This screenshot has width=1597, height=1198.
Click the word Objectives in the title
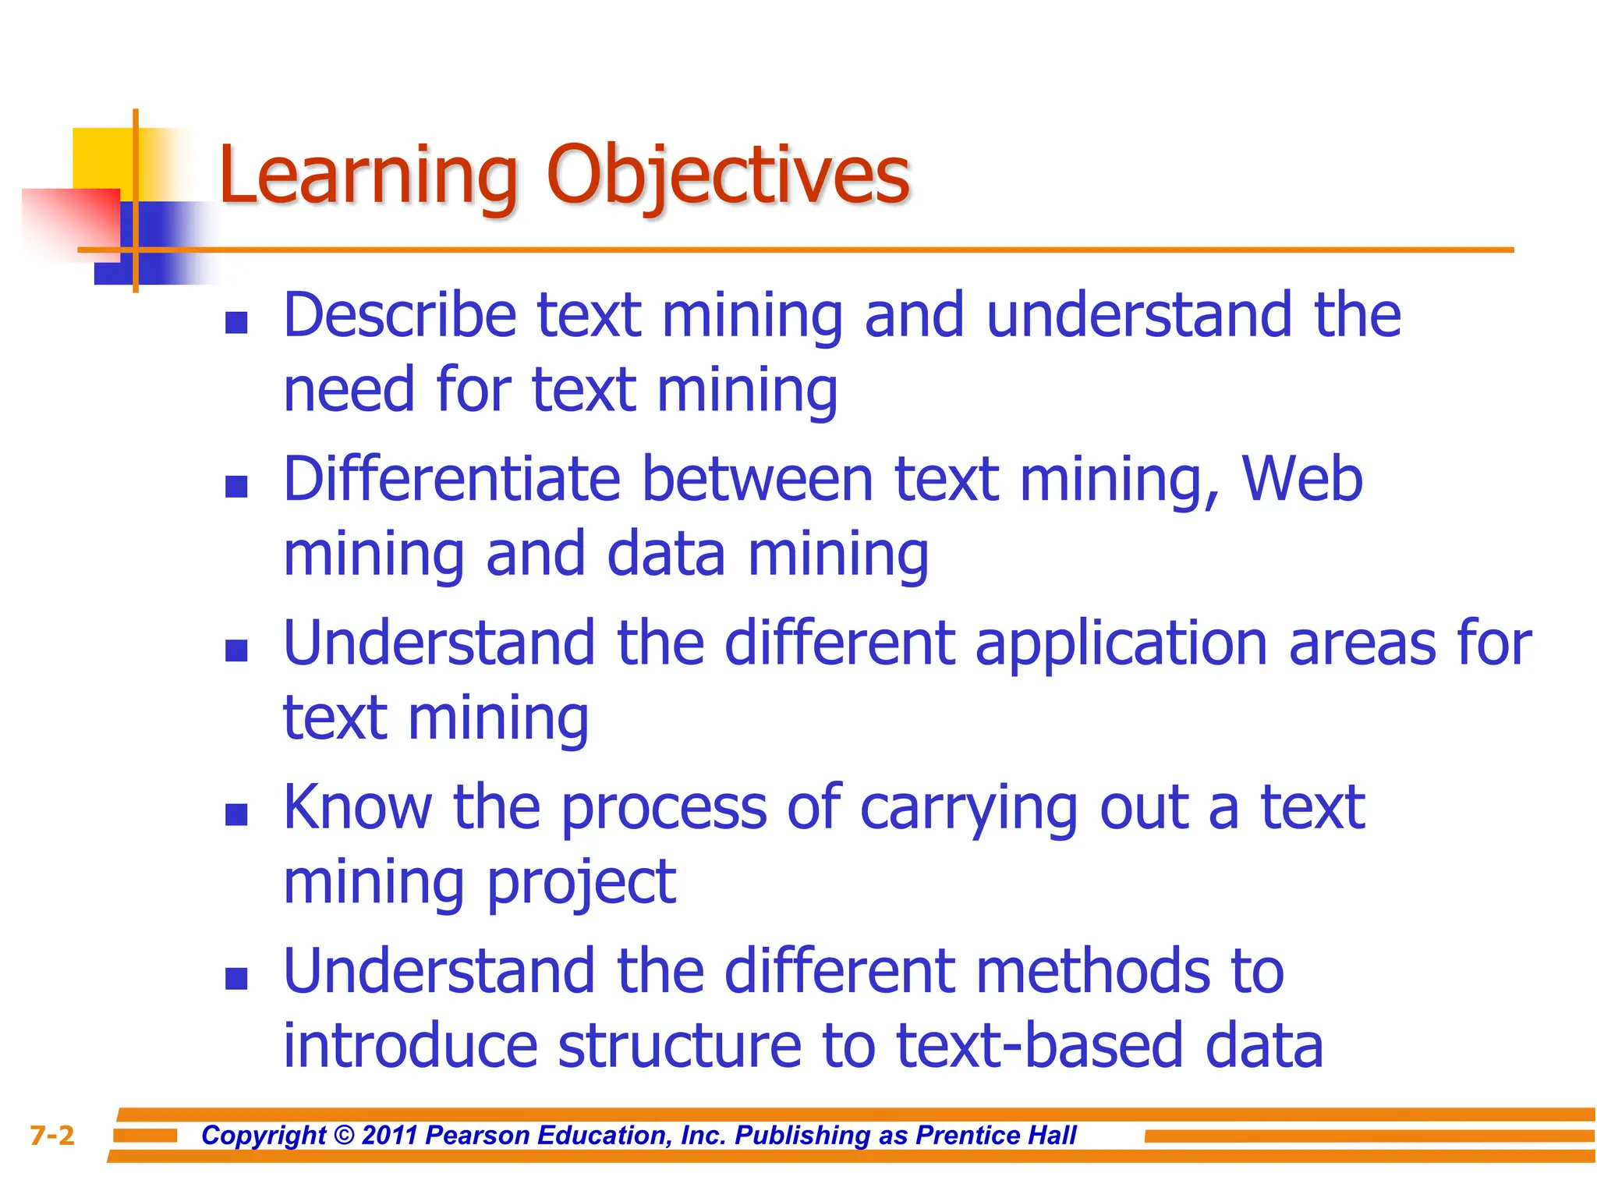click(x=728, y=175)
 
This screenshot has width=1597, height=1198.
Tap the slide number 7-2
click(x=52, y=1136)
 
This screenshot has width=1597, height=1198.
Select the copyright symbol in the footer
click(x=344, y=1135)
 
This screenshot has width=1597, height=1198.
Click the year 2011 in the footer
click(x=390, y=1135)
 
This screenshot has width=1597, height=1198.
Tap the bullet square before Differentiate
click(x=236, y=487)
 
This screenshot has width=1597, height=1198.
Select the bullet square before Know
click(x=236, y=815)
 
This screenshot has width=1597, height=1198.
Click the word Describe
click(x=400, y=316)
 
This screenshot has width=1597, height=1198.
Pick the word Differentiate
click(x=451, y=480)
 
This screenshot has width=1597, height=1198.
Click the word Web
click(x=1301, y=480)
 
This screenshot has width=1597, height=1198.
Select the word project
click(x=581, y=884)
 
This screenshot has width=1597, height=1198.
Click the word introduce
click(x=410, y=1047)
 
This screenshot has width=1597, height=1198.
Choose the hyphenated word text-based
click(x=1040, y=1047)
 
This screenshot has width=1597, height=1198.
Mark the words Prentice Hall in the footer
click(x=996, y=1135)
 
